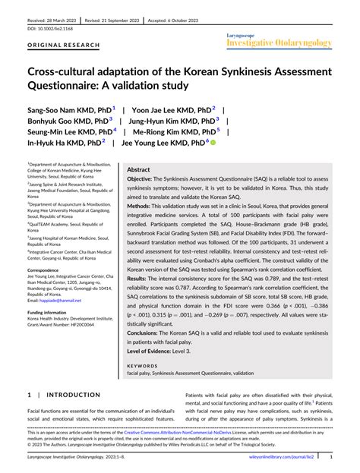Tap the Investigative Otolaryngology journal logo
(279, 42)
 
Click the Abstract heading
(138, 170)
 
